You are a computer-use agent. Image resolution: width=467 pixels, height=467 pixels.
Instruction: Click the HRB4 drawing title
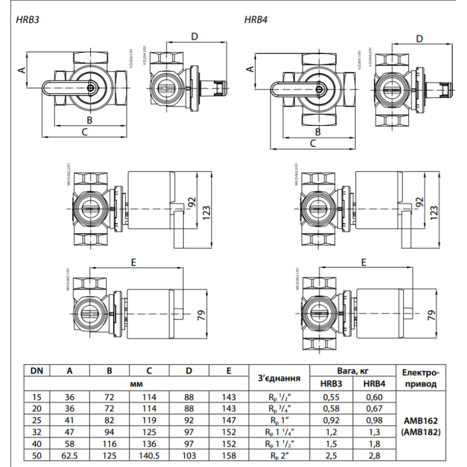click(255, 19)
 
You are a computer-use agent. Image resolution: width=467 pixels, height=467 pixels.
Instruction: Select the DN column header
click(37, 371)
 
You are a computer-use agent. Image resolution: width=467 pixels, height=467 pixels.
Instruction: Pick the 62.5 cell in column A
click(70, 455)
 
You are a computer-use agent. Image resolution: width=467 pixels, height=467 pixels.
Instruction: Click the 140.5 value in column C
click(149, 455)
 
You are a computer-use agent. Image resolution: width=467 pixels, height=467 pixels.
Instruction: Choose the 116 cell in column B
click(109, 444)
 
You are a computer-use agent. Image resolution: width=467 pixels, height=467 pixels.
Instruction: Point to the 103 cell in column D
click(189, 455)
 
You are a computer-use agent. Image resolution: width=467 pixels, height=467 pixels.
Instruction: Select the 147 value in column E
click(229, 420)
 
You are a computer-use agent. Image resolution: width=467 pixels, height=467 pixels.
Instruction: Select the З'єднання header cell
click(279, 378)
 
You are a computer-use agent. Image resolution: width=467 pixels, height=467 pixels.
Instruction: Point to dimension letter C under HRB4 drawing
click(313, 143)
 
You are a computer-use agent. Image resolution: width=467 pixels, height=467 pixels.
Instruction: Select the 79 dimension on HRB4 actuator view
click(431, 315)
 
